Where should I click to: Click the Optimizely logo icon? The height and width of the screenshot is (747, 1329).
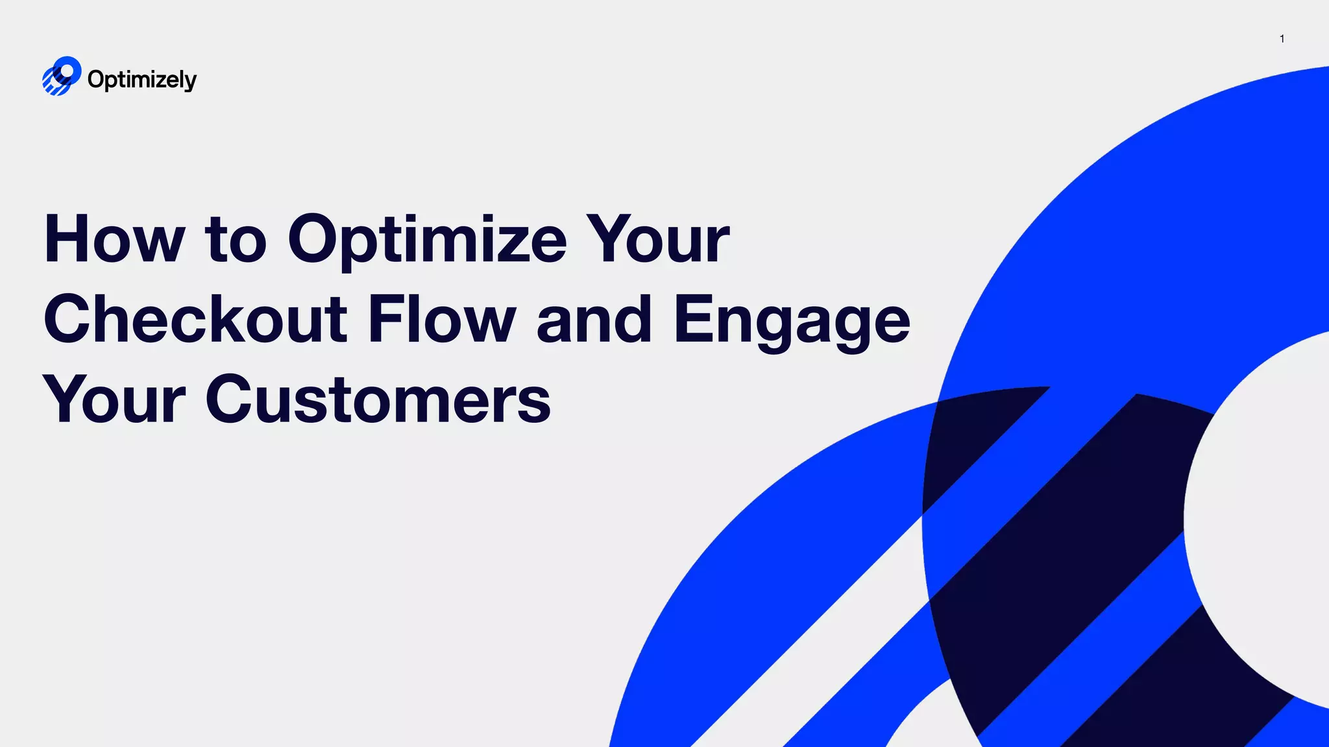pyautogui.click(x=61, y=76)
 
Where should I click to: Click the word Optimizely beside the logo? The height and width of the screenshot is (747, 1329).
pyautogui.click(x=141, y=80)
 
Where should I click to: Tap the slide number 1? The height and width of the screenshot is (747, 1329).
pyautogui.click(x=1282, y=39)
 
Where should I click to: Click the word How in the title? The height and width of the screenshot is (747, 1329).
pyautogui.click(x=114, y=239)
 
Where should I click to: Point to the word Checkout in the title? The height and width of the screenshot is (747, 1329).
pyautogui.click(x=195, y=319)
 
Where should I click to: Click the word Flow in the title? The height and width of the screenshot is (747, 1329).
pyautogui.click(x=441, y=319)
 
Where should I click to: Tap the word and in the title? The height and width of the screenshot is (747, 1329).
pyautogui.click(x=594, y=319)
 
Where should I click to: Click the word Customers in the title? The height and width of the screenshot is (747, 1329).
pyautogui.click(x=378, y=399)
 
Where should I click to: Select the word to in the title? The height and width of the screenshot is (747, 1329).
pyautogui.click(x=235, y=241)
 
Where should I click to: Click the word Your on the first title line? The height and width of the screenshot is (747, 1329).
pyautogui.click(x=658, y=239)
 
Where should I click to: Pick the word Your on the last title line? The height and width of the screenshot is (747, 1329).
pyautogui.click(x=114, y=399)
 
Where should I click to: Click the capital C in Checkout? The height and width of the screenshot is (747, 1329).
pyautogui.click(x=69, y=319)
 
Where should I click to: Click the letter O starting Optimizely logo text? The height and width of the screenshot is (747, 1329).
pyautogui.click(x=95, y=79)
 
